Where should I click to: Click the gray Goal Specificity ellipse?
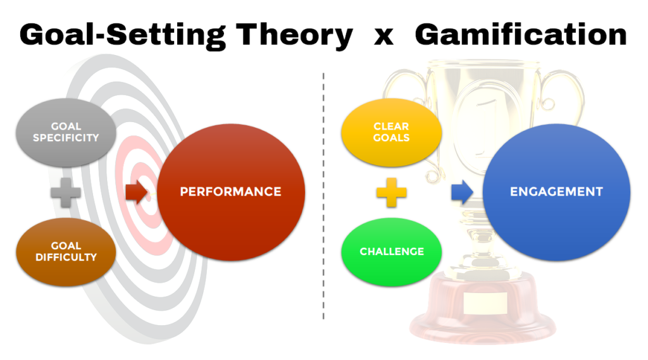coord(66,131)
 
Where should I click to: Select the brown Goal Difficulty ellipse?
coord(66,251)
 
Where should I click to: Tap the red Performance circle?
coord(230,191)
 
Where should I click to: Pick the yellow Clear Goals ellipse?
coord(392,132)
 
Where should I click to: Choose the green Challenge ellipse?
coord(392,251)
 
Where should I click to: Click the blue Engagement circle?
coord(556,191)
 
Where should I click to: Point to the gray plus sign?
coord(66,192)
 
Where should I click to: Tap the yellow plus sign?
coord(392,192)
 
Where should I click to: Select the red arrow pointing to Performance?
coord(136,192)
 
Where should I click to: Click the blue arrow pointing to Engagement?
coord(462,192)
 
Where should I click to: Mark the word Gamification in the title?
coord(521,35)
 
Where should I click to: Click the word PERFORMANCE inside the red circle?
coord(230,191)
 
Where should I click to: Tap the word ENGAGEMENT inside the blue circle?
coord(556,191)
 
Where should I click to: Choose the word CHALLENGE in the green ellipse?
coord(392,251)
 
